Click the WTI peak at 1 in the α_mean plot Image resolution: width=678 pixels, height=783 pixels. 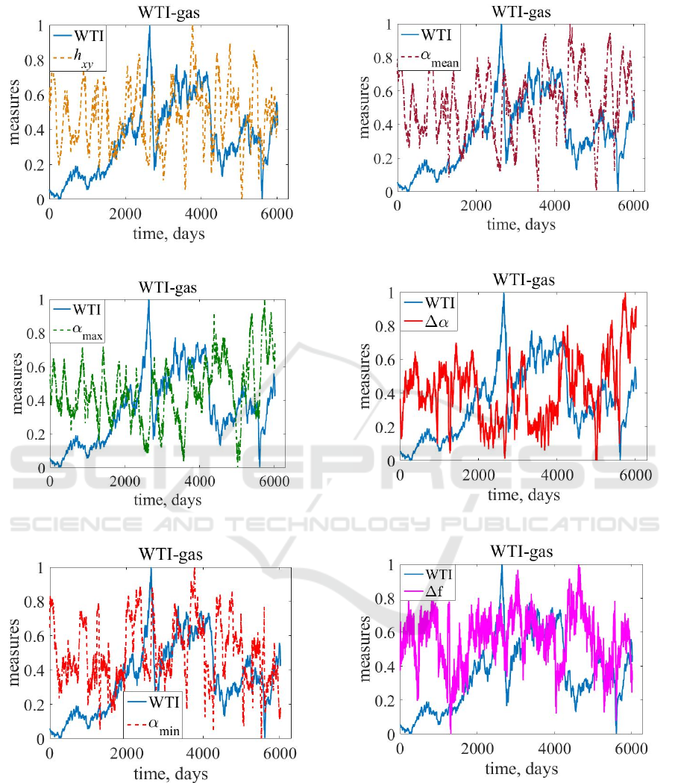pos(501,25)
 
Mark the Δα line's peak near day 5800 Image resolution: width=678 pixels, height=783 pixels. pos(624,294)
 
